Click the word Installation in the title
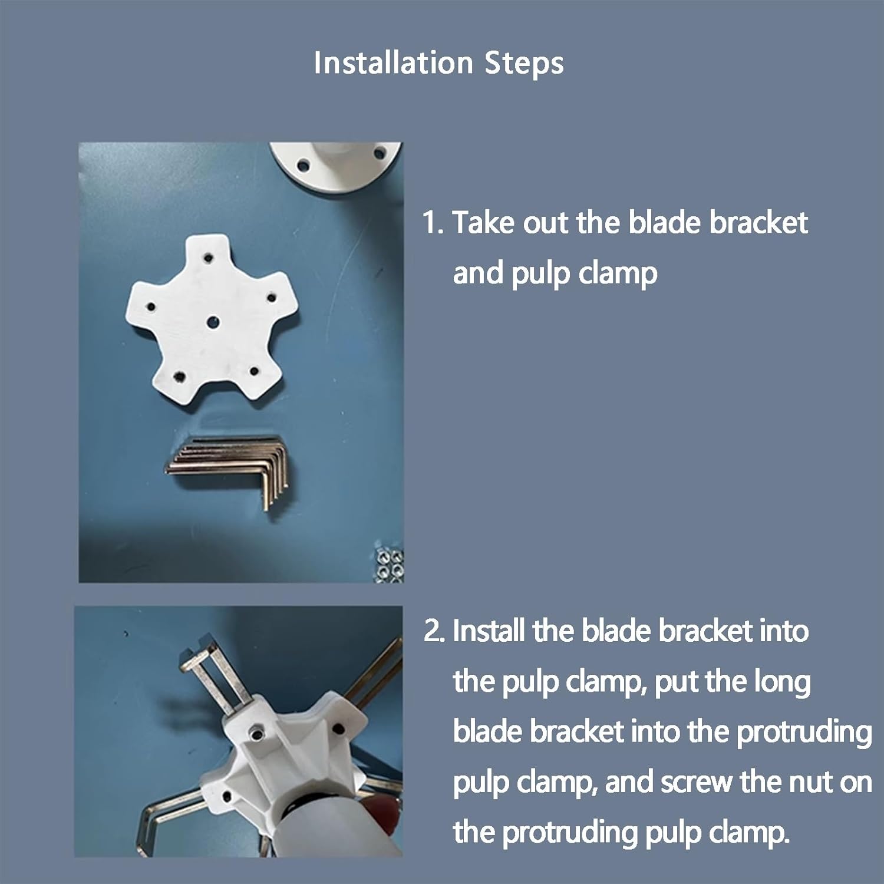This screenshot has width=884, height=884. (x=393, y=62)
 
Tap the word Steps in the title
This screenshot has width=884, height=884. (x=524, y=64)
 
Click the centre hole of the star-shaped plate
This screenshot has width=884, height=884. (x=213, y=322)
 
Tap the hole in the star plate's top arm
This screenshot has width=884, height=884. (x=209, y=258)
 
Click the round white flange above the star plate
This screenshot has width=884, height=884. (x=336, y=166)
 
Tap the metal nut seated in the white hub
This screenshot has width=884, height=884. (x=257, y=734)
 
